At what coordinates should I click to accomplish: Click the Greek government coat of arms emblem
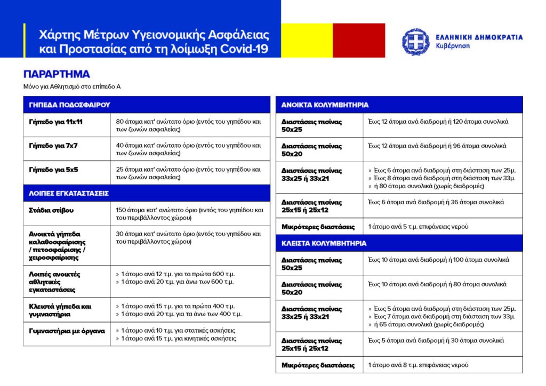pyautogui.click(x=416, y=42)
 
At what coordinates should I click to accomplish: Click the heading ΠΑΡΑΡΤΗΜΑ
pyautogui.click(x=57, y=74)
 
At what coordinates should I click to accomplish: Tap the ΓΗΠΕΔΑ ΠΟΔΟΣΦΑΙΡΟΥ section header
pyautogui.click(x=69, y=105)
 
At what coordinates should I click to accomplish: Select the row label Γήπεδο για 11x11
pyautogui.click(x=56, y=122)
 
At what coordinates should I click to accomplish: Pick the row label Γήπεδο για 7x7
pyautogui.click(x=53, y=146)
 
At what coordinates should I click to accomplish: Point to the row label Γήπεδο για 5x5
pyautogui.click(x=53, y=169)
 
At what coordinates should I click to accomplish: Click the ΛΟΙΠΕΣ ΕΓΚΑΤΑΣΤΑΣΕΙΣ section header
pyautogui.click(x=69, y=193)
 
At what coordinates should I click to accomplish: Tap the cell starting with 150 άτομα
pyautogui.click(x=189, y=214)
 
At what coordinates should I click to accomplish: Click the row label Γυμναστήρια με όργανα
pyautogui.click(x=66, y=331)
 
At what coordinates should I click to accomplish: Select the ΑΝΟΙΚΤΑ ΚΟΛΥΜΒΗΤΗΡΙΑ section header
pyautogui.click(x=325, y=105)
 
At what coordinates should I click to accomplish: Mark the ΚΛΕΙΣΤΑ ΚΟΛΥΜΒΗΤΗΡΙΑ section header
pyautogui.click(x=324, y=243)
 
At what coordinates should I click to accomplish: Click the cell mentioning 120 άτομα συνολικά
pyautogui.click(x=438, y=122)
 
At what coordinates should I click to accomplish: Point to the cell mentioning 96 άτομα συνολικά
pyautogui.click(x=437, y=146)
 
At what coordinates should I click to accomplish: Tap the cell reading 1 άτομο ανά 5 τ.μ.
pyautogui.click(x=419, y=227)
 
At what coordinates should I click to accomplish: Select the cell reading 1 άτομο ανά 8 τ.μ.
pyautogui.click(x=419, y=365)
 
